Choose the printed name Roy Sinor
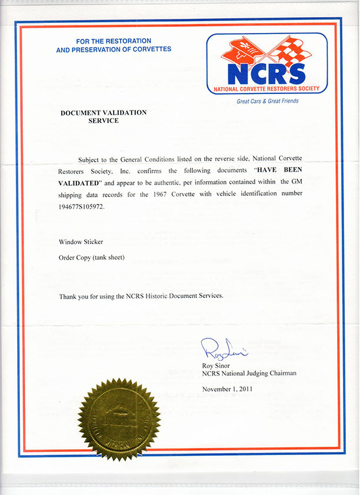[216, 365]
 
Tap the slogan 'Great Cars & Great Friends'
[268, 101]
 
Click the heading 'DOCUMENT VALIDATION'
[104, 112]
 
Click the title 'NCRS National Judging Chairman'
[249, 373]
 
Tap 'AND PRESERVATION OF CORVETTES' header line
[114, 49]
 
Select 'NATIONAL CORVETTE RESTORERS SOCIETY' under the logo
[267, 89]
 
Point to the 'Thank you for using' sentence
[141, 296]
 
